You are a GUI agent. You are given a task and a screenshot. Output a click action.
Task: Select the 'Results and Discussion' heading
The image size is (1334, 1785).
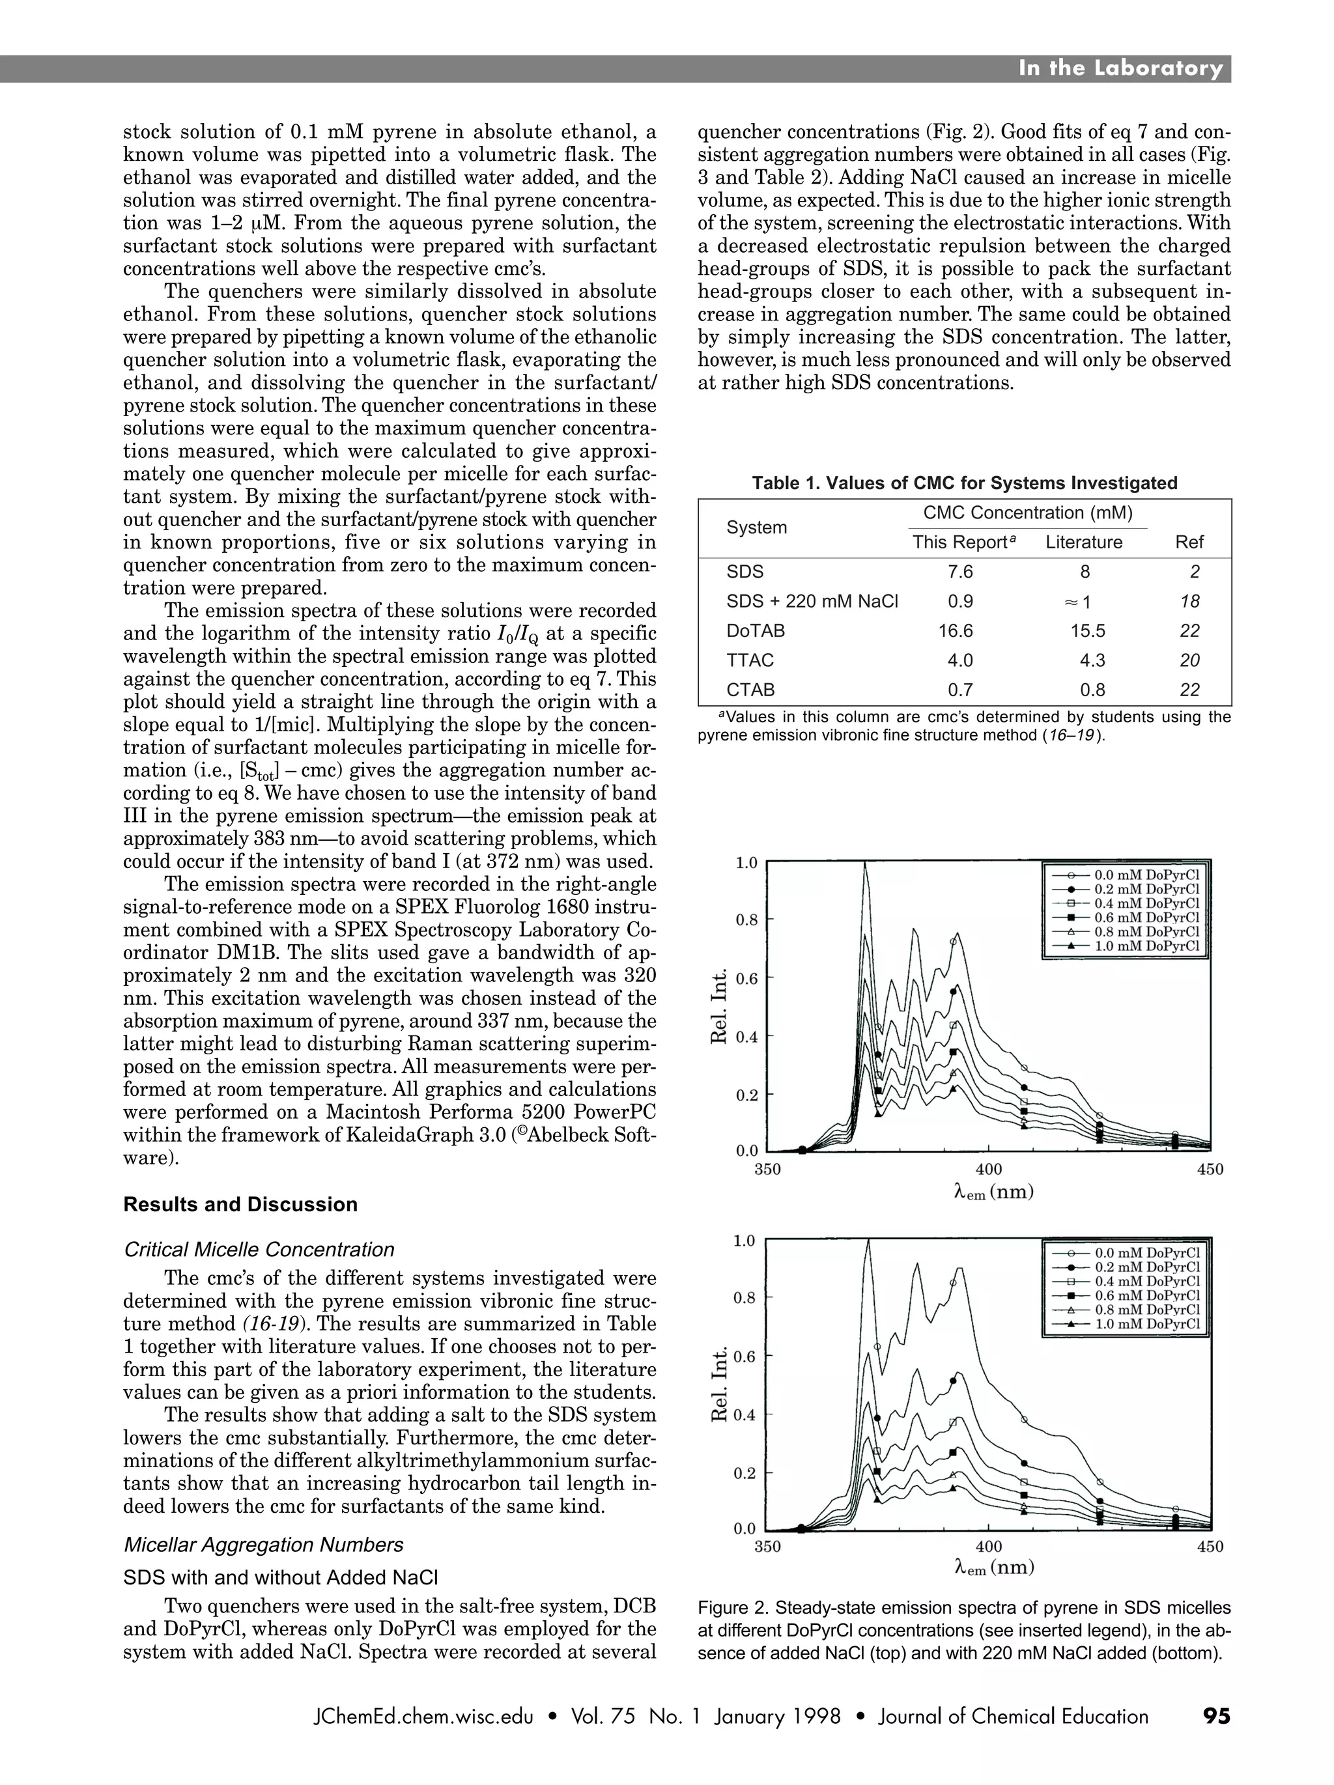pos(240,1204)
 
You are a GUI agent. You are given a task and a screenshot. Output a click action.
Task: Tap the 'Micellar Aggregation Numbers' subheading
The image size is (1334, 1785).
pos(263,1545)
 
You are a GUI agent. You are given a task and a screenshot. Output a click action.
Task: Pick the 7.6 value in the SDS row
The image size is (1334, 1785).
pos(959,572)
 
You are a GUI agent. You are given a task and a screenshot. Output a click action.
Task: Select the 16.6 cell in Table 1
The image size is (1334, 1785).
pos(955,631)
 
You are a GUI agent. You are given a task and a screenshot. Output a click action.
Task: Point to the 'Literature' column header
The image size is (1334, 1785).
pos(1083,542)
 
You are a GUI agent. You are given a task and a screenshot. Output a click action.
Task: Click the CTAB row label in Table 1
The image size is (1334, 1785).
pos(750,690)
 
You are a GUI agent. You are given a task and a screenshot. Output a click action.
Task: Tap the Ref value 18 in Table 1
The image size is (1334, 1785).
pos(1189,601)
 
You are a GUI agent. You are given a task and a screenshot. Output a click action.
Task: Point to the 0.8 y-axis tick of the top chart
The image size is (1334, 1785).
pos(746,919)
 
